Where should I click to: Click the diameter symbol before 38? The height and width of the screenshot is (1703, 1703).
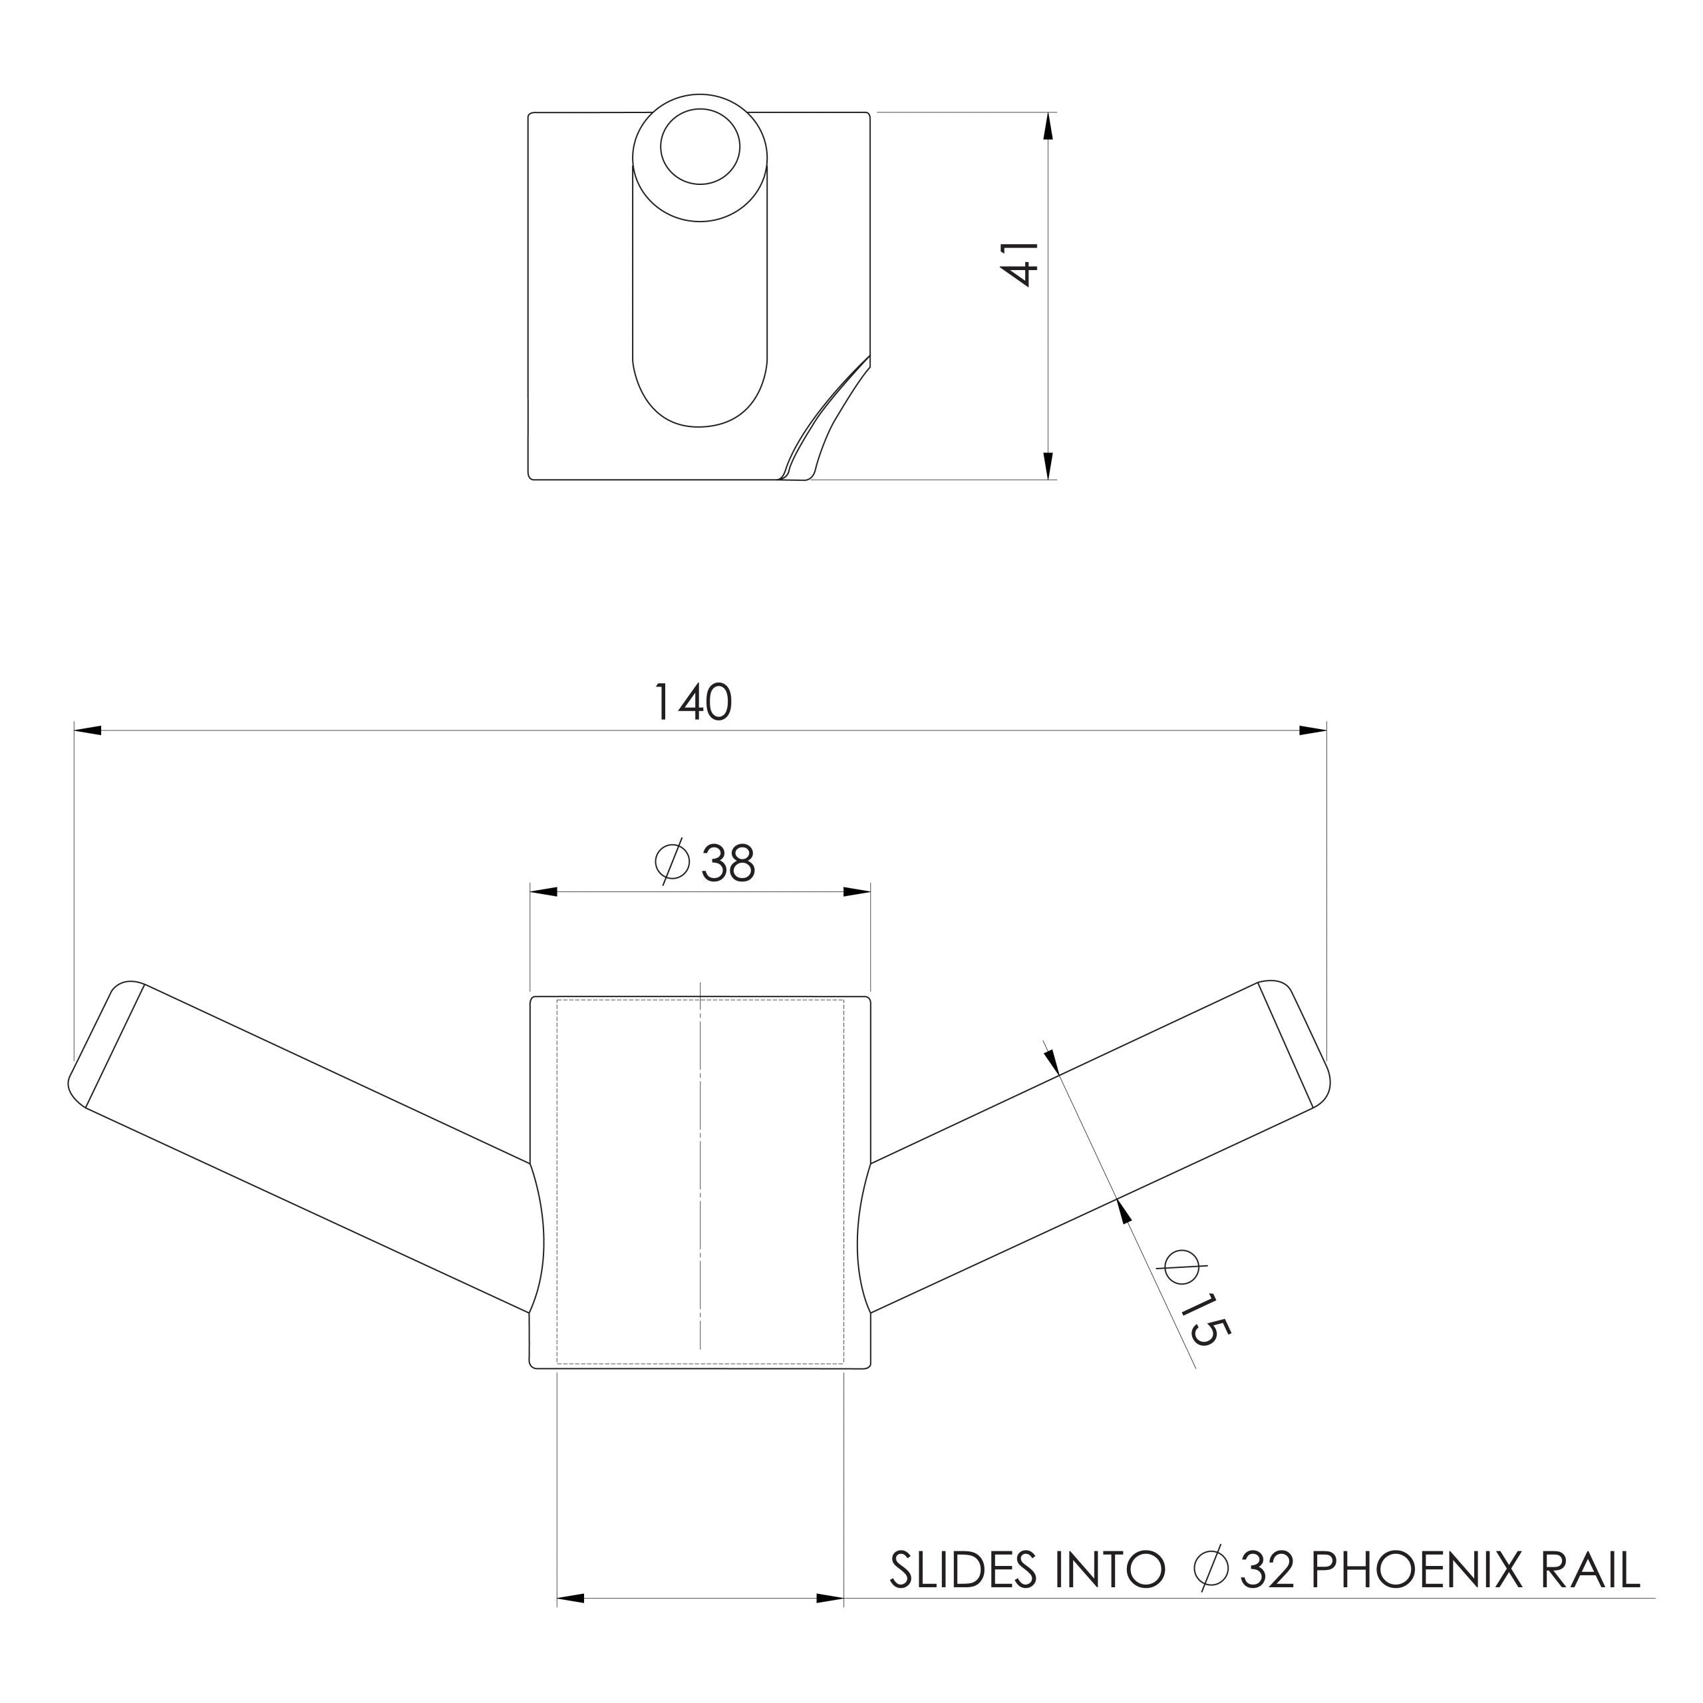click(x=672, y=861)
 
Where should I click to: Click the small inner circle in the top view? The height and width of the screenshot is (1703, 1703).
click(x=700, y=146)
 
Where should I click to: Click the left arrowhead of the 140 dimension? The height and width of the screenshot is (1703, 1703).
click(x=88, y=730)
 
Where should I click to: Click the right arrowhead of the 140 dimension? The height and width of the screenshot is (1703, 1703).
click(x=1313, y=730)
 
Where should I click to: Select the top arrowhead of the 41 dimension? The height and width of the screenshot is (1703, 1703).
click(x=1047, y=127)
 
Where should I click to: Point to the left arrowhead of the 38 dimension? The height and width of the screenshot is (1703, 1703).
click(x=544, y=891)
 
